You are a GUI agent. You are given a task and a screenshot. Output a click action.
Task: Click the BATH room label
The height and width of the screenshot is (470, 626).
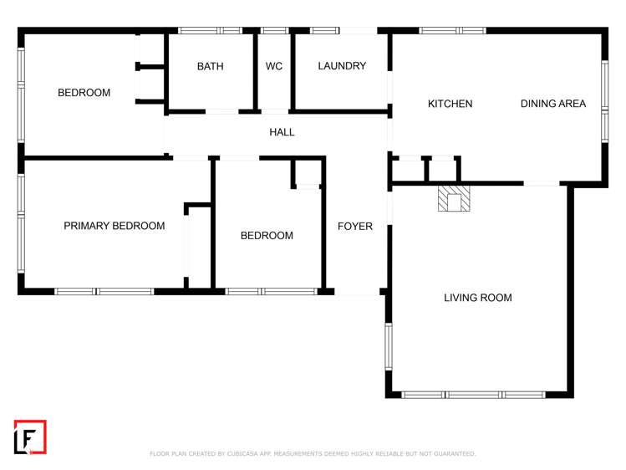[210, 66]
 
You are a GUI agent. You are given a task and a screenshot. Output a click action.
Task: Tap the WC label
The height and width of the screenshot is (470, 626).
[274, 66]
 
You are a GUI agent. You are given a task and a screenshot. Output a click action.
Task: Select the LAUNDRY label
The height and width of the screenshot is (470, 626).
[342, 66]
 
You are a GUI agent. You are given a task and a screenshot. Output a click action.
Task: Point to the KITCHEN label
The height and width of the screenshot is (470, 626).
[450, 104]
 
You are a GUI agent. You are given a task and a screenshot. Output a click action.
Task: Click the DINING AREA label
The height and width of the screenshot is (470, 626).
[552, 104]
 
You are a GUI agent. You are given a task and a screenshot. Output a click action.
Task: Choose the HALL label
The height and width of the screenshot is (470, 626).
[282, 132]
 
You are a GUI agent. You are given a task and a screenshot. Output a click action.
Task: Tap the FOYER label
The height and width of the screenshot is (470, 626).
[355, 227]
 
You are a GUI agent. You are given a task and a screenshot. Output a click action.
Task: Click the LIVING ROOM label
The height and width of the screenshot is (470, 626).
[477, 298]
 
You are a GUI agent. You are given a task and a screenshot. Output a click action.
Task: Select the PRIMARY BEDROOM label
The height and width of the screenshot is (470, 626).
[114, 226]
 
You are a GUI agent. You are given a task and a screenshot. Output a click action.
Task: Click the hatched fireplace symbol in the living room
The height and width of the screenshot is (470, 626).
[455, 199]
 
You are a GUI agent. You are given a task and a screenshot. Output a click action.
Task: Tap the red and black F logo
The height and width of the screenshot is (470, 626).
[30, 437]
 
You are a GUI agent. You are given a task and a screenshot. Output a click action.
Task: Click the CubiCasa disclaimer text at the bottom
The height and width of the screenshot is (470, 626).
[313, 454]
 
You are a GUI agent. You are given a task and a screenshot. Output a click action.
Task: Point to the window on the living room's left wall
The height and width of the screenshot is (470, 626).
[388, 346]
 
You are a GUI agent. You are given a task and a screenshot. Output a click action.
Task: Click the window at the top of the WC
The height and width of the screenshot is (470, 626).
[274, 31]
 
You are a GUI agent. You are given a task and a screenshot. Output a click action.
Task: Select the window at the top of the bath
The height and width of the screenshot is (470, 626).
[211, 31]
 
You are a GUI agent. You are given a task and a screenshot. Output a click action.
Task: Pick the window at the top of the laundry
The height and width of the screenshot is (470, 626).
[325, 31]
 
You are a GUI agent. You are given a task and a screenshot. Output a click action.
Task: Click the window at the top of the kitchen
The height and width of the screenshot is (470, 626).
[451, 31]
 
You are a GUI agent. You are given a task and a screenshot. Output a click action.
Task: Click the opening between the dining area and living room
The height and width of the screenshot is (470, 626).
[541, 183]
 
